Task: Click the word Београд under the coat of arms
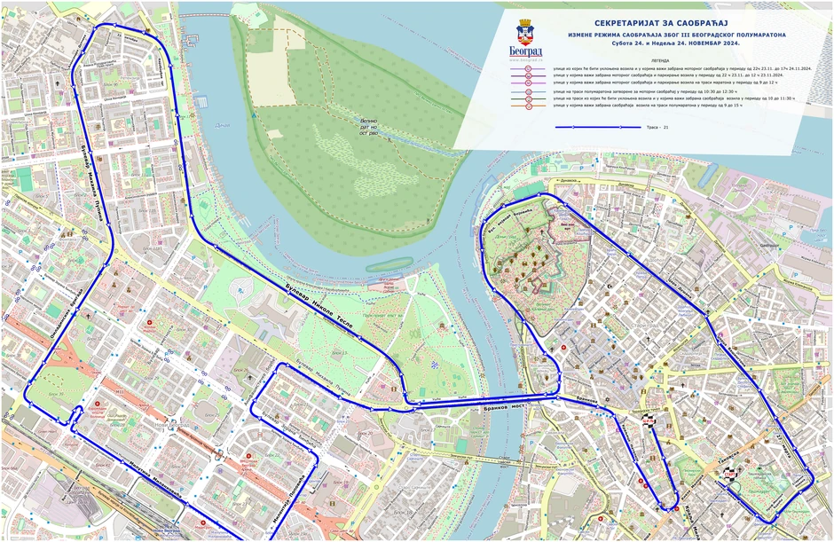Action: pos(525,52)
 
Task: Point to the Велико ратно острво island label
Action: pos(369,129)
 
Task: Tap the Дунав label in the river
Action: pos(222,125)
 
